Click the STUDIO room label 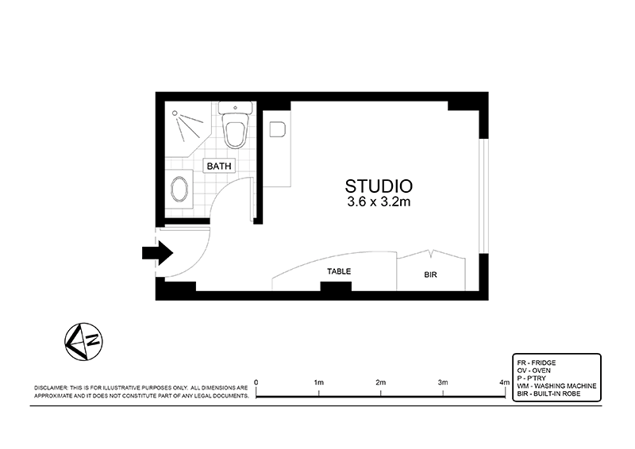point(378,186)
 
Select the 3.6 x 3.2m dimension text point(378,203)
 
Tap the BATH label point(219,167)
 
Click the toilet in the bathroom point(235,130)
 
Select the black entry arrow point(157,253)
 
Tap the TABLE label point(339,271)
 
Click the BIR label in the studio point(431,275)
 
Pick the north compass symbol point(83,341)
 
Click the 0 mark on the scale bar point(256,382)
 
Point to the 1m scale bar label point(318,382)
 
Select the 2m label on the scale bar point(380,382)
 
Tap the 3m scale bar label point(442,382)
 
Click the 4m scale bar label point(503,382)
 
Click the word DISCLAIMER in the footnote point(52,387)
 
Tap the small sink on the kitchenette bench point(278,129)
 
